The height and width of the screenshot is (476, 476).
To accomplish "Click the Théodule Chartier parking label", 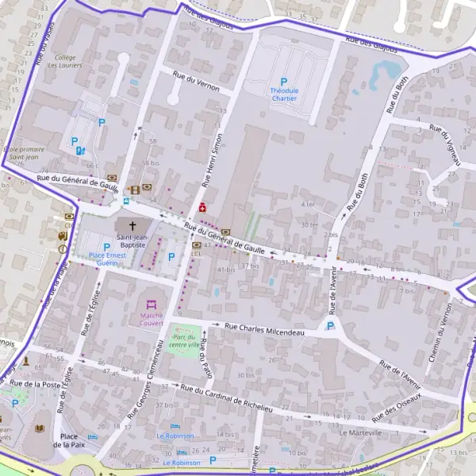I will coord(283,94).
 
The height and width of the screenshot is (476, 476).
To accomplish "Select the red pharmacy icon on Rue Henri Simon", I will coord(202,207).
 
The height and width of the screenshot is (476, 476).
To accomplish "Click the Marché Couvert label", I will coord(152,319).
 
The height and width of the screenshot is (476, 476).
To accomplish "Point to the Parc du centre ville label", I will coord(184,340).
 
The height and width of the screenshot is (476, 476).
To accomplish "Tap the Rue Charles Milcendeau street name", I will coord(264,329).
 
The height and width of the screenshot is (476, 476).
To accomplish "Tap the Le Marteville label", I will coord(360,433).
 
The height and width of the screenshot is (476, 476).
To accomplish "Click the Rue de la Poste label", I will coord(31,384).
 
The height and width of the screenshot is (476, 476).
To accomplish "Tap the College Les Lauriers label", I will coord(65,62).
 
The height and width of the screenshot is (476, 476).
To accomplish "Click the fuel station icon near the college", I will coord(80,150).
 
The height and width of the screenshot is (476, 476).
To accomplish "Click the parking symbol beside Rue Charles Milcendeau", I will coord(331,326).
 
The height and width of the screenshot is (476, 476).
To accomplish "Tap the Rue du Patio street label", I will coord(206,359).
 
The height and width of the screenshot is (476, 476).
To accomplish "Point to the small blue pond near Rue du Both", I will coord(390,71).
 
